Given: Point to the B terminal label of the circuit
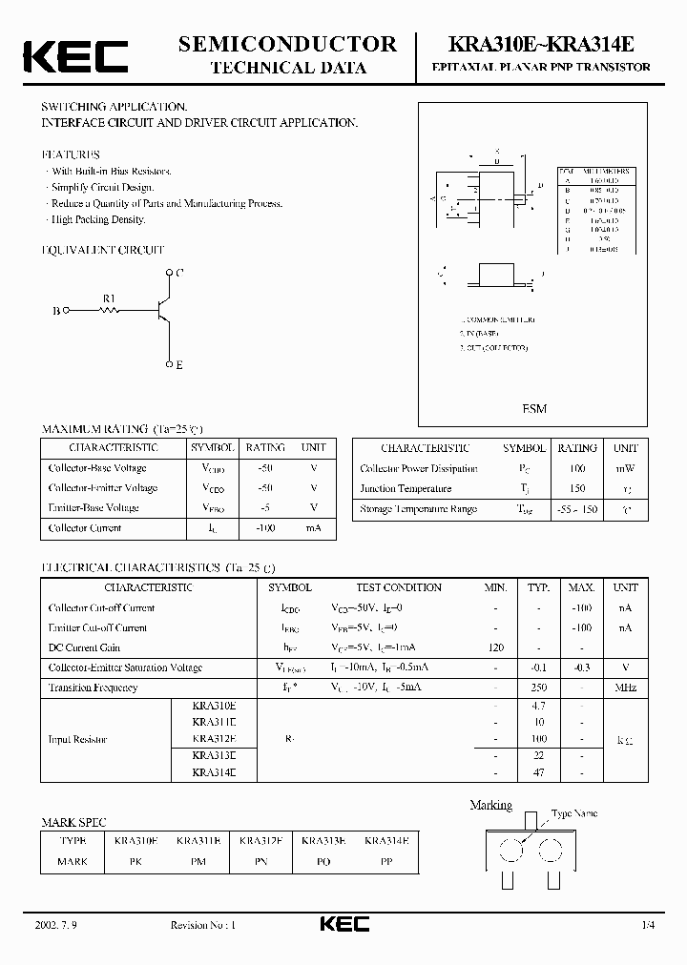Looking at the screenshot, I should (55, 311).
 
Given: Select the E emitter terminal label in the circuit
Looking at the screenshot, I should (178, 365).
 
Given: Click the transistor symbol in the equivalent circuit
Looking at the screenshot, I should (162, 309).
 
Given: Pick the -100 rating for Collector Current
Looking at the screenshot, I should (265, 528).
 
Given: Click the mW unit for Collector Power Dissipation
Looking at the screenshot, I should (626, 468).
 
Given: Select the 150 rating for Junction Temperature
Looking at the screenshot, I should (577, 488).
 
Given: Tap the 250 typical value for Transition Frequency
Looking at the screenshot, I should (539, 688).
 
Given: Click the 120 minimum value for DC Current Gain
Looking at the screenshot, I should (495, 647).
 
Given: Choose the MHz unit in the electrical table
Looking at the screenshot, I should (626, 688).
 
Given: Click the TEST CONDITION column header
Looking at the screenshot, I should (399, 587).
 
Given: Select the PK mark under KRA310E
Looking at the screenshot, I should (135, 861).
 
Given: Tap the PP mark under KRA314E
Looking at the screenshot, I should (386, 861).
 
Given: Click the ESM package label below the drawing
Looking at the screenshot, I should (534, 409).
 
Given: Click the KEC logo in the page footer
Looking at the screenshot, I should (343, 925).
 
